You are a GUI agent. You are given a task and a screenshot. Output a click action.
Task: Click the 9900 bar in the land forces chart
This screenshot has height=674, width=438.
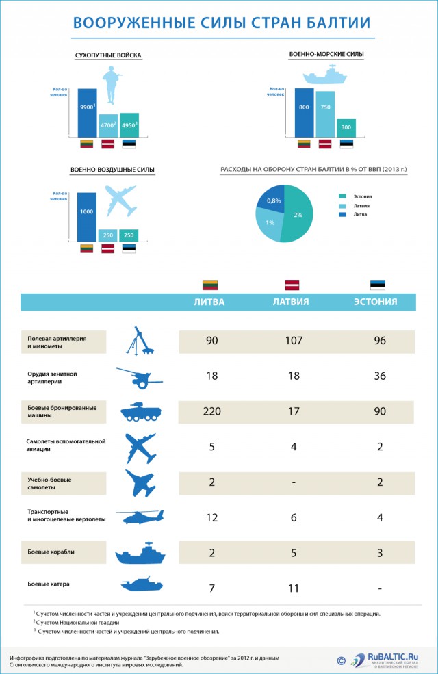tap(87, 112)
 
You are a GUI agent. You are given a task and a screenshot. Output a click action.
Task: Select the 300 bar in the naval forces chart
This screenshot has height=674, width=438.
tap(346, 128)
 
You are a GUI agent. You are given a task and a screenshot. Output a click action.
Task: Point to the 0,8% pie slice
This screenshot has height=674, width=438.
tap(272, 198)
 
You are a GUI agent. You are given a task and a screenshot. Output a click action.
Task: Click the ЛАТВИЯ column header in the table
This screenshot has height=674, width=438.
tap(291, 302)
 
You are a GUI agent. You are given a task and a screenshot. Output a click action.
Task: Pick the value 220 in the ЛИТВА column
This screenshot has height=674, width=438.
tap(211, 411)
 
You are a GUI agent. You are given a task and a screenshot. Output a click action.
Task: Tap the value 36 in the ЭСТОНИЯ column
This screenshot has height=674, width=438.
tap(381, 376)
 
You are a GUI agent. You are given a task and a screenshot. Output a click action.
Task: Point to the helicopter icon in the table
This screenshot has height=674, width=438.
tap(140, 517)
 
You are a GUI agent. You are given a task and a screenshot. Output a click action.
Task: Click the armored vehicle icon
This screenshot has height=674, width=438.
tap(141, 412)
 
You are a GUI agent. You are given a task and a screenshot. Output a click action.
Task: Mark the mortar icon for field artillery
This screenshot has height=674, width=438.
tap(141, 341)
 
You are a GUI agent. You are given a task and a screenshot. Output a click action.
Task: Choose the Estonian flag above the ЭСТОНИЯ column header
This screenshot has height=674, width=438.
tap(378, 285)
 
